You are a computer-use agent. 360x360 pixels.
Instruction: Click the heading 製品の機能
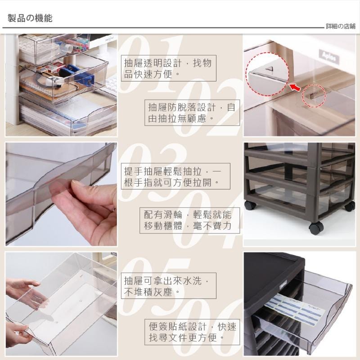pyautogui.click(x=30, y=18)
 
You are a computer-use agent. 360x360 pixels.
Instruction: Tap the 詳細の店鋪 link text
pyautogui.click(x=341, y=26)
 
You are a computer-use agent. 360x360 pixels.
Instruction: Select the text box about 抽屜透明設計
pyautogui.click(x=169, y=68)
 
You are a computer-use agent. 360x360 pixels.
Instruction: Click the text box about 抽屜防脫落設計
pyautogui.click(x=192, y=113)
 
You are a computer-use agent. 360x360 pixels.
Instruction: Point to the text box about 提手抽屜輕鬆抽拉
pyautogui.click(x=175, y=176)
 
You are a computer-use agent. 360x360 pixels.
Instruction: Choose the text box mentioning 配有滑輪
pyautogui.click(x=190, y=220)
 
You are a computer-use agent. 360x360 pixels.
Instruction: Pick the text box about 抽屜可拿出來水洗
pyautogui.click(x=169, y=286)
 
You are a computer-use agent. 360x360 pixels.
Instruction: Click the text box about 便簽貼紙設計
pyautogui.click(x=192, y=332)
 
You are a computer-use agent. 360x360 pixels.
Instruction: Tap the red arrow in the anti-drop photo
pyautogui.click(x=295, y=87)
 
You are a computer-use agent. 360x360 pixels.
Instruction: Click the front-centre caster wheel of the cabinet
pyautogui.click(x=316, y=228)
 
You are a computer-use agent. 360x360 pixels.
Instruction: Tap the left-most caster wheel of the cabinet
pyautogui.click(x=250, y=205)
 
